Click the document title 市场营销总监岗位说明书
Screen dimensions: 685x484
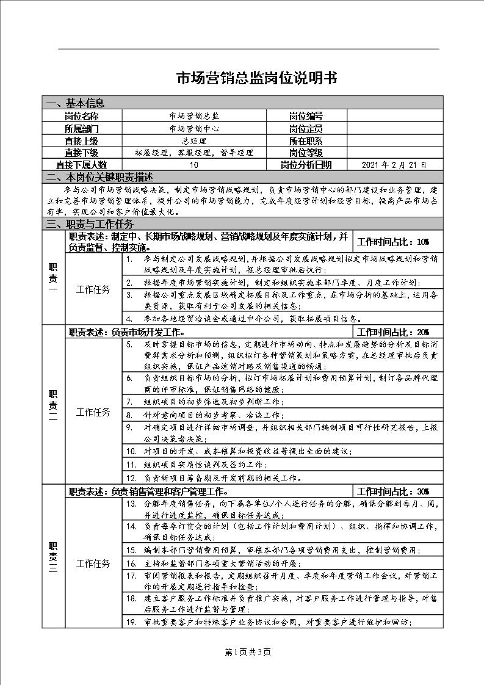pyautogui.click(x=256, y=78)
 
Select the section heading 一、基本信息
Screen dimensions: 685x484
pyautogui.click(x=76, y=103)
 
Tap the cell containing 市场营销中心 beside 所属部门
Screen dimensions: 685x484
pyautogui.click(x=194, y=129)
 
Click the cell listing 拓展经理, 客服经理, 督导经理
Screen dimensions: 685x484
pyautogui.click(x=194, y=153)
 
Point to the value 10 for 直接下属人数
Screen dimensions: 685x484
pyautogui.click(x=193, y=165)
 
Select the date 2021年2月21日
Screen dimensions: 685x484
pyautogui.click(x=394, y=165)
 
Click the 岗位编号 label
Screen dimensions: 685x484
pyautogui.click(x=306, y=116)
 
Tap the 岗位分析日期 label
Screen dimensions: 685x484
pyautogui.click(x=306, y=165)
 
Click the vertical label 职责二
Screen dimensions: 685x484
pyautogui.click(x=53, y=405)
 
